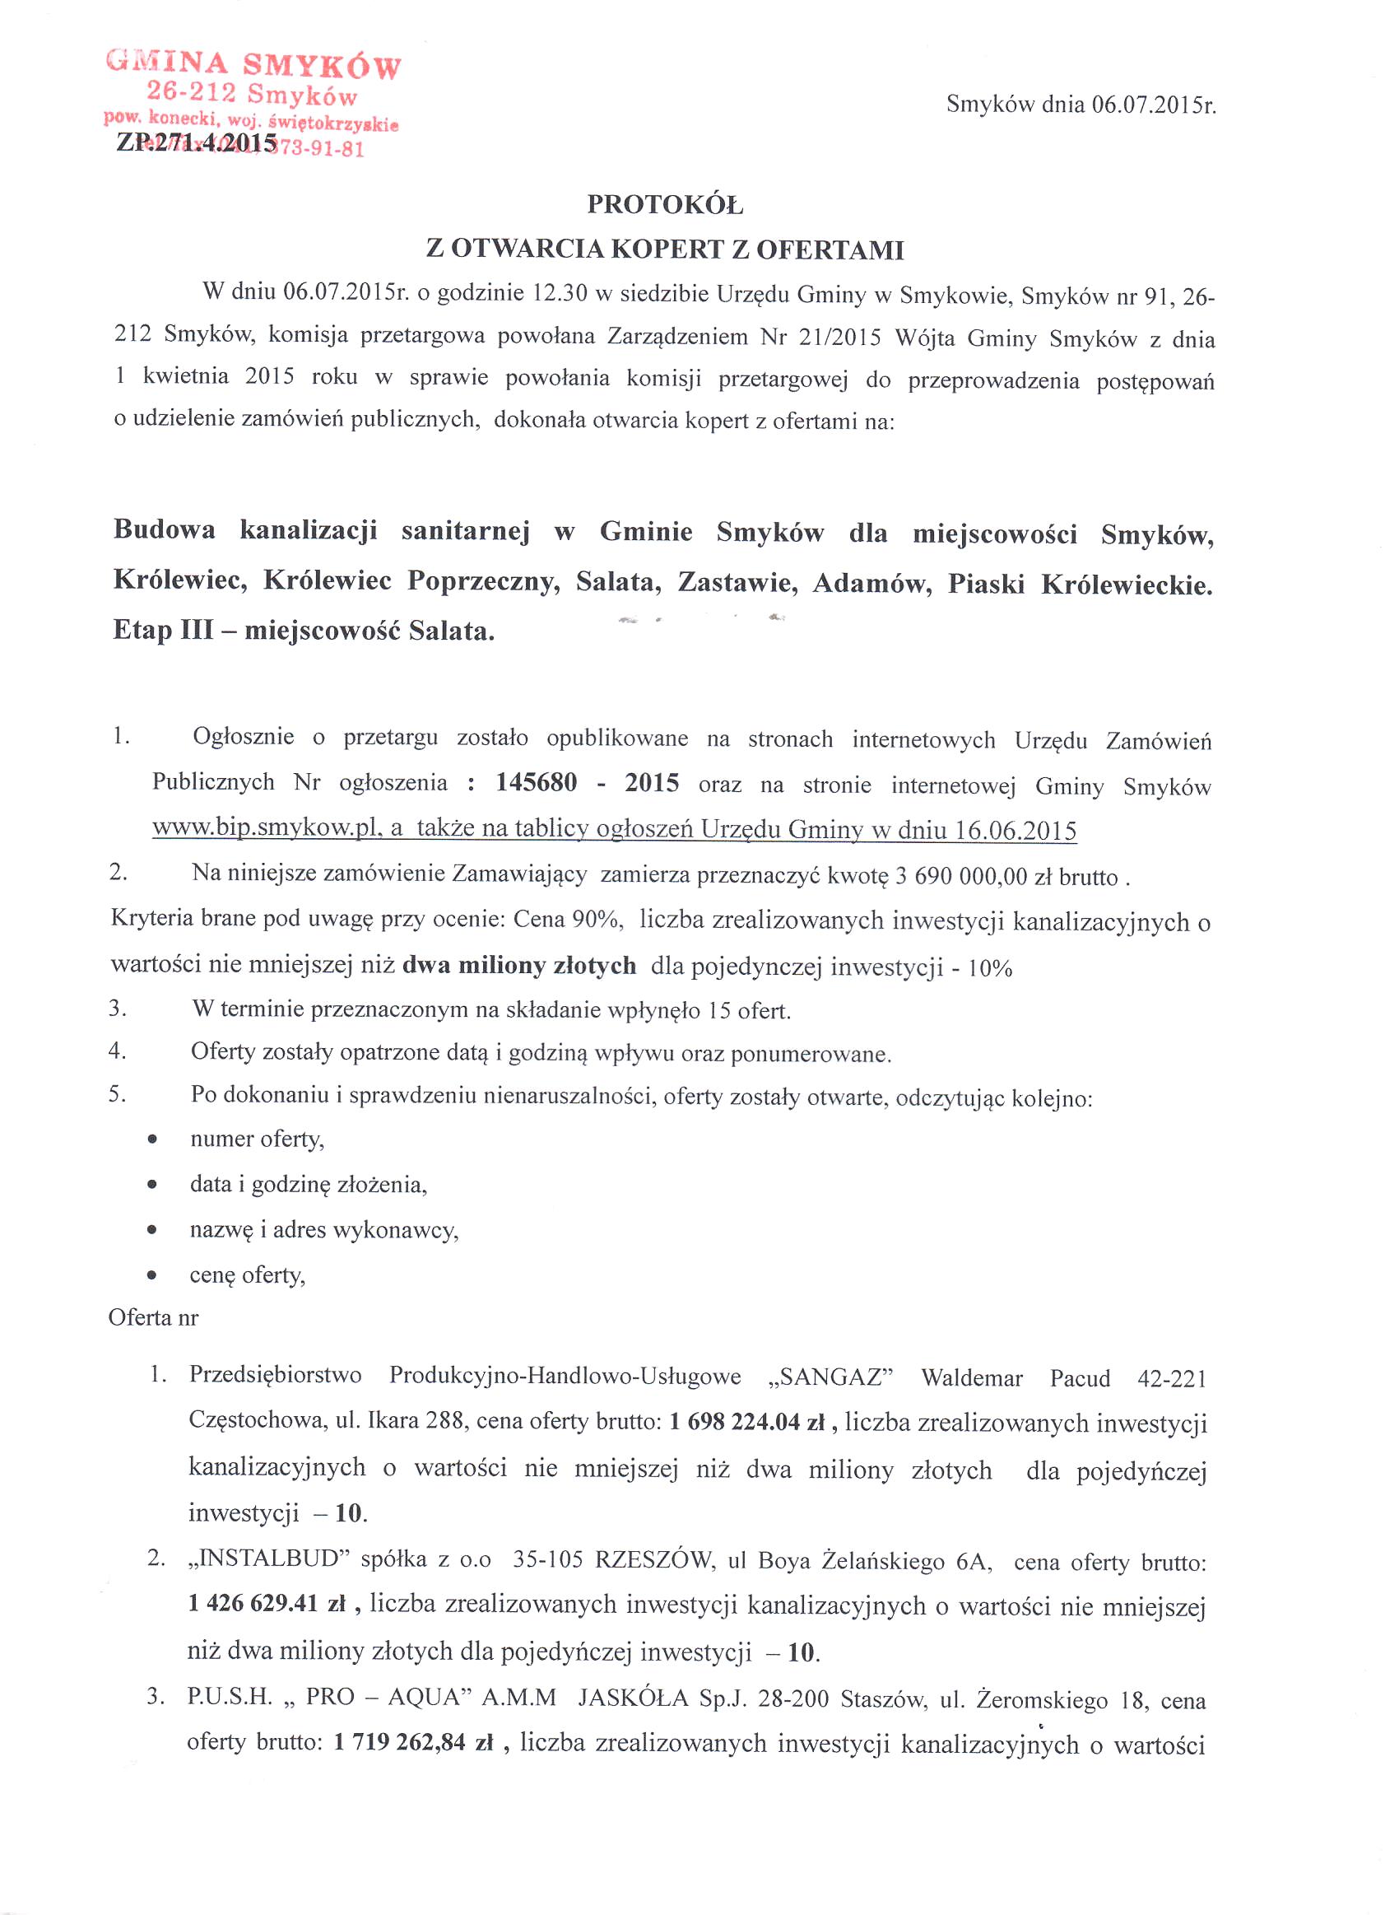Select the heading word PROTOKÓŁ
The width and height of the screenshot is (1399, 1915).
tap(665, 204)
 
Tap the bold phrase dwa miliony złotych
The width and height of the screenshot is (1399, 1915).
tap(519, 966)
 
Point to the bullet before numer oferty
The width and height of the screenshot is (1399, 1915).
tap(152, 1140)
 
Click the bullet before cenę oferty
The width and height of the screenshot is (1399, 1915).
tap(152, 1275)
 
